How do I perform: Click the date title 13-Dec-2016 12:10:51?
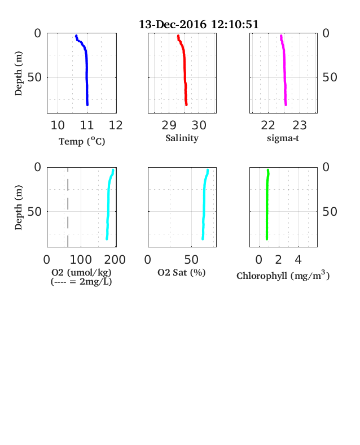click(199, 24)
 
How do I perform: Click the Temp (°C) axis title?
click(82, 141)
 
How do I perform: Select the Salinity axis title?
click(182, 138)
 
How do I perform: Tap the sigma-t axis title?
click(283, 138)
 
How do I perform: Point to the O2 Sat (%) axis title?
click(182, 272)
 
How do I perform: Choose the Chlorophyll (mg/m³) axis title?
click(283, 276)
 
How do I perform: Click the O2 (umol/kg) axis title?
click(81, 272)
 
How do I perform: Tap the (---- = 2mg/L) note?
click(81, 282)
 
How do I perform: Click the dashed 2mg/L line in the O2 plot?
click(68, 207)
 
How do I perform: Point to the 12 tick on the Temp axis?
click(116, 125)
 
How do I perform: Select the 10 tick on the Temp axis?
click(58, 125)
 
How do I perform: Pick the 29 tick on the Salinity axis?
click(169, 125)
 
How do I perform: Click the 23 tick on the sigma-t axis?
click(300, 125)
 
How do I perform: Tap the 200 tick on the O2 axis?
click(115, 260)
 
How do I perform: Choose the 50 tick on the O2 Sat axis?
click(191, 260)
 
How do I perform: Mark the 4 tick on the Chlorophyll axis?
click(298, 260)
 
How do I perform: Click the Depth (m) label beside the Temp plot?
click(19, 73)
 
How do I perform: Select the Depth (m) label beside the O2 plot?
click(19, 207)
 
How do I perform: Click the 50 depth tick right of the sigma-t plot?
click(330, 77)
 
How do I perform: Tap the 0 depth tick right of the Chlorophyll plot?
click(326, 167)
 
